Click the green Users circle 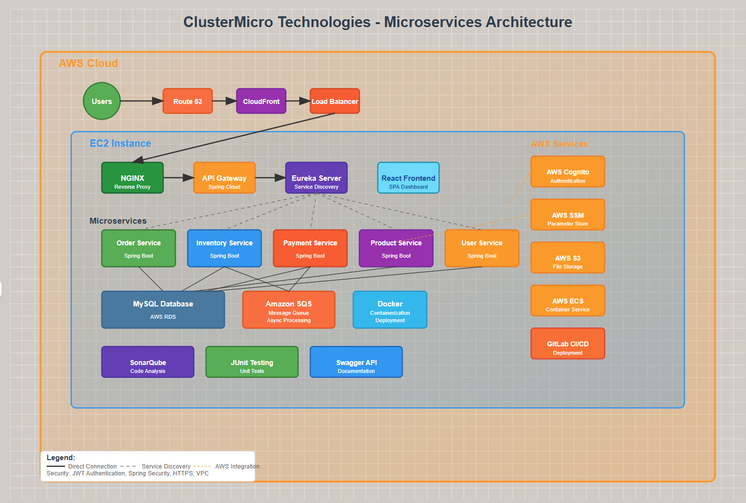click(102, 101)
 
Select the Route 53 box click(187, 101)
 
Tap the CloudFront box click(261, 101)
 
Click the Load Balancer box click(335, 101)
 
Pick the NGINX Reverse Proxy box click(132, 178)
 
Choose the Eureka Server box click(316, 178)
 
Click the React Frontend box click(408, 178)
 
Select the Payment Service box click(310, 248)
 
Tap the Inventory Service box click(224, 248)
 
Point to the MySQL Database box click(163, 309)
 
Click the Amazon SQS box click(289, 309)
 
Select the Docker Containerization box click(390, 309)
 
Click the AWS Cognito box click(567, 172)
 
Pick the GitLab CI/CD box click(567, 343)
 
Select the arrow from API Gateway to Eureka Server click(270, 177)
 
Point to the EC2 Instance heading click(120, 143)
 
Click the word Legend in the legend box click(61, 458)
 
